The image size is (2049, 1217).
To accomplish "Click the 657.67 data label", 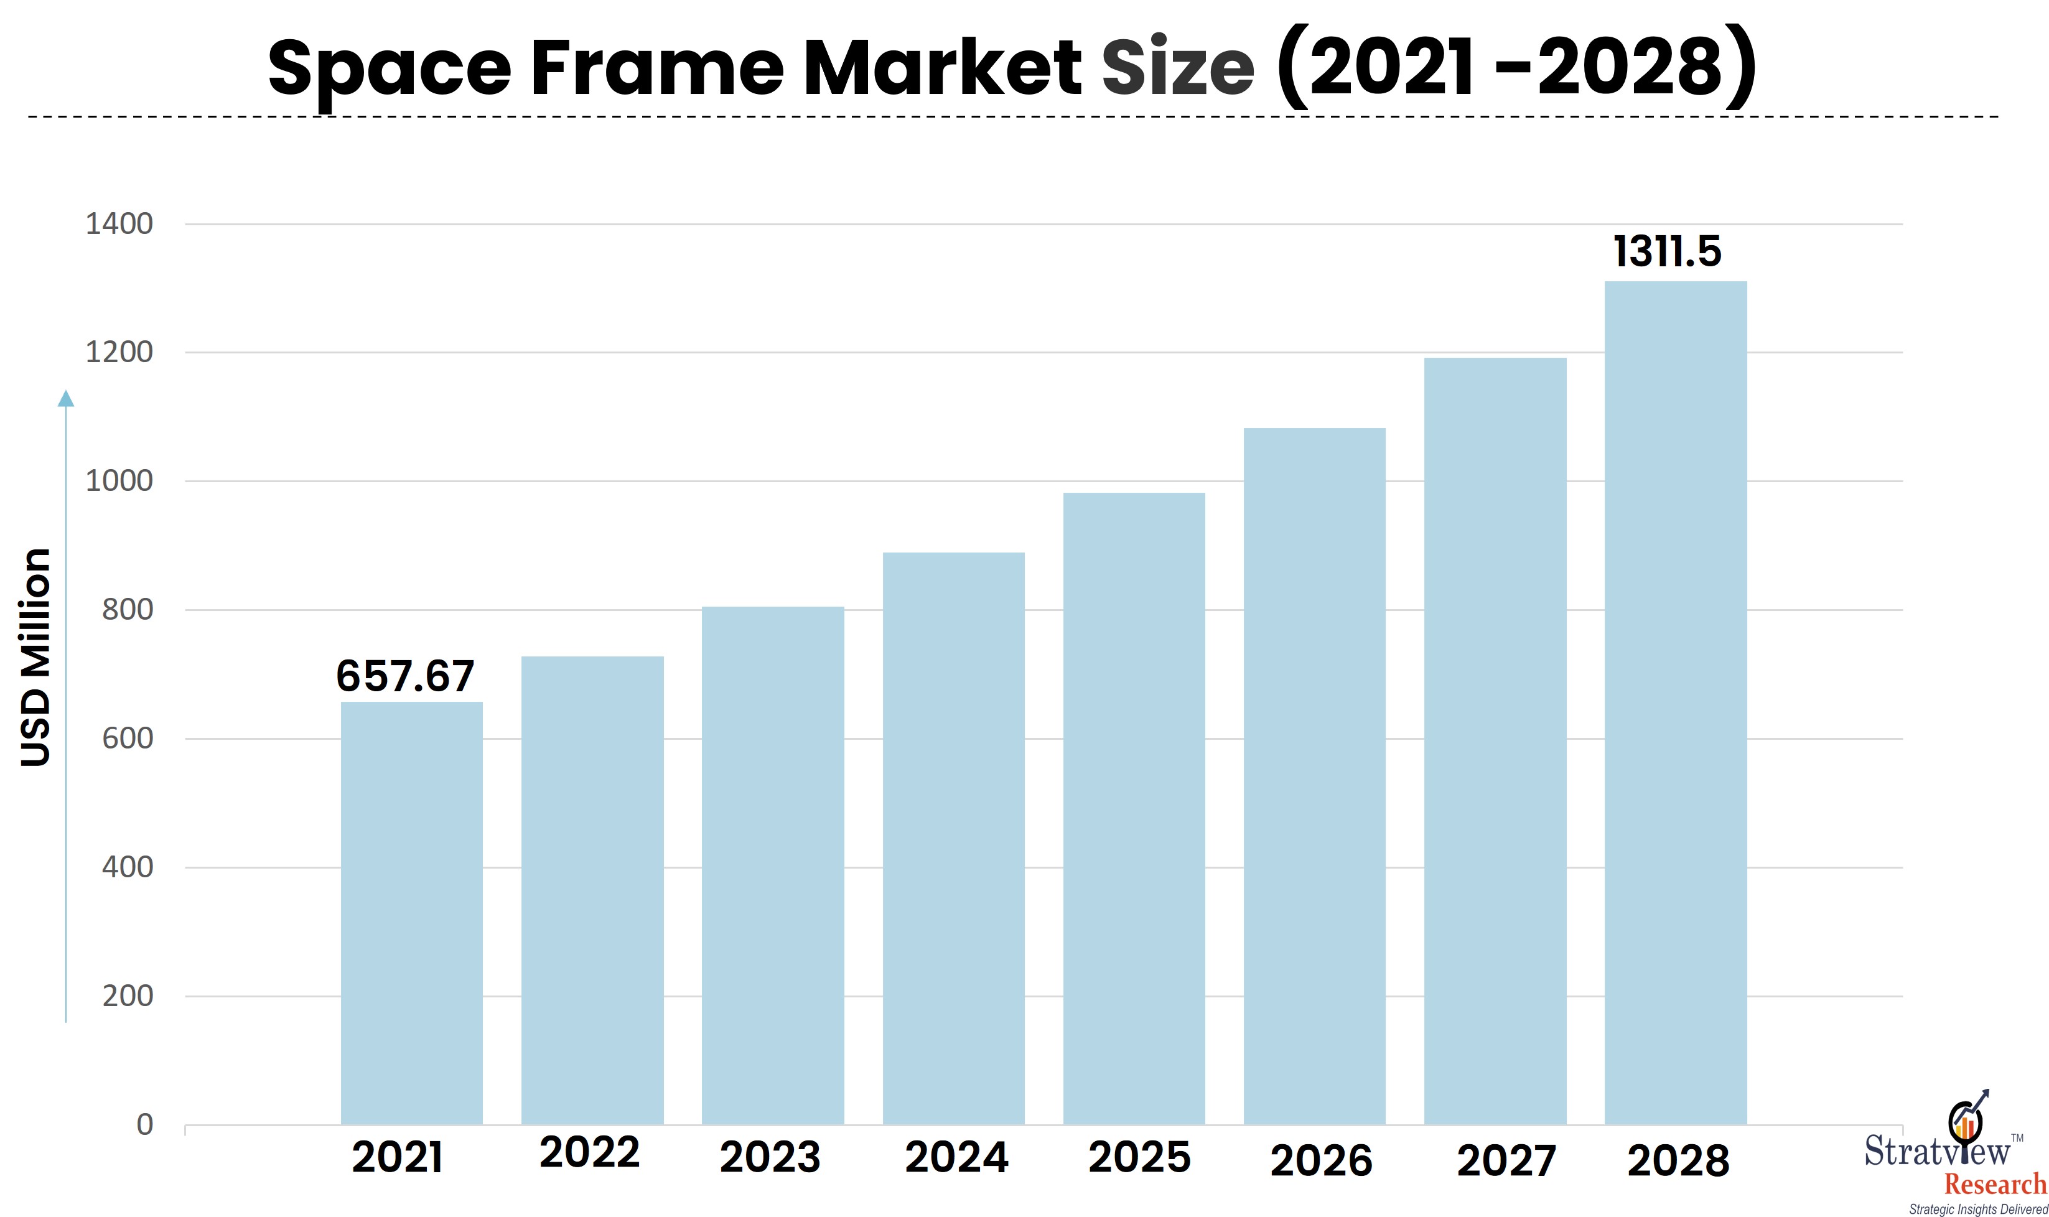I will tap(405, 676).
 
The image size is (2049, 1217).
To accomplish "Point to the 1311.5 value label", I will tap(1667, 252).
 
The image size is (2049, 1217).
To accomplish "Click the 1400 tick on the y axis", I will tap(119, 224).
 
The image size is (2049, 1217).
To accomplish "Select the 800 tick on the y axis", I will tap(127, 609).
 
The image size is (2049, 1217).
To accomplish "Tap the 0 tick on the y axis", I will tap(144, 1124).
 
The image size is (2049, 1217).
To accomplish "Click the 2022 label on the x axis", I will tap(589, 1152).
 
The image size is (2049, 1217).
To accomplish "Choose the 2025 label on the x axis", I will tap(1139, 1157).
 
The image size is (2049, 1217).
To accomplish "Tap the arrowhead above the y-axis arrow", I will tap(65, 399).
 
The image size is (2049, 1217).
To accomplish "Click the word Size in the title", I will tap(1177, 67).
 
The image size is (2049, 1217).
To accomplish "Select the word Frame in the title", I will tap(656, 67).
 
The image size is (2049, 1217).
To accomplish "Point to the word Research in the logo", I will tap(1995, 1184).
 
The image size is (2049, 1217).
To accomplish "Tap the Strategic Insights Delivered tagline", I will tap(1977, 1210).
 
